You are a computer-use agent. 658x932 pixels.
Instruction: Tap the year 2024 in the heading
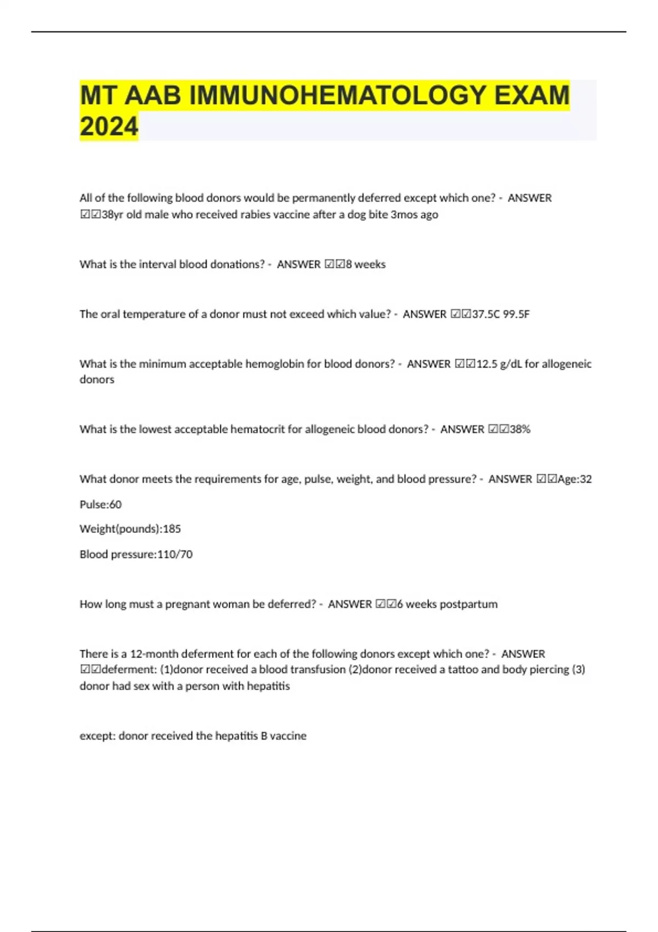[109, 127]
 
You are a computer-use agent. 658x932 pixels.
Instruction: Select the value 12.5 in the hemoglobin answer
[486, 364]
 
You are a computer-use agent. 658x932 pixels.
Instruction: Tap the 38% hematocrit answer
[520, 429]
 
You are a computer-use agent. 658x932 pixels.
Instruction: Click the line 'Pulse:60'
[100, 504]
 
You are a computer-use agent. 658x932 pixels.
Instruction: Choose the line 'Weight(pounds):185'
[130, 529]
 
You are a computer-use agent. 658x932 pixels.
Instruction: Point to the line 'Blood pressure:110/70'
[136, 554]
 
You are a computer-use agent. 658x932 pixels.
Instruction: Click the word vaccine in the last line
[288, 736]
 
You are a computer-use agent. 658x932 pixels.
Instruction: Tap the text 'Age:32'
[574, 479]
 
